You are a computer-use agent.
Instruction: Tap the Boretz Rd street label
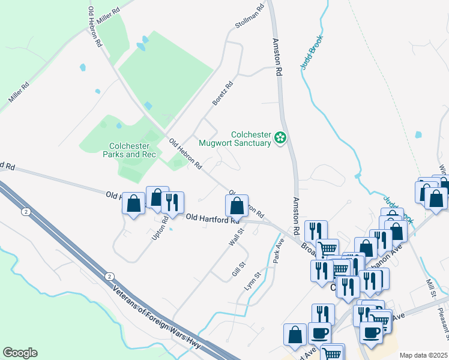(222, 94)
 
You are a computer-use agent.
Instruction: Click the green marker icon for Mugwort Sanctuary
(280, 139)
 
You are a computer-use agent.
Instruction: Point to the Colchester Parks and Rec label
(133, 150)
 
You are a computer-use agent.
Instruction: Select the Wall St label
(236, 236)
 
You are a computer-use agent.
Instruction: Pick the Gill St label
(239, 269)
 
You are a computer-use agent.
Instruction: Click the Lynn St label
(252, 282)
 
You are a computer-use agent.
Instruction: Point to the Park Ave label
(278, 250)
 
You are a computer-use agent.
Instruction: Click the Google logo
(20, 353)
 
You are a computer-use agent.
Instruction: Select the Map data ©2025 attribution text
(423, 355)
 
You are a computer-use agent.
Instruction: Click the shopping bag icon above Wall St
(237, 206)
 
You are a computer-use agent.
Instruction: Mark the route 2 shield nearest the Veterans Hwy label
(109, 275)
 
